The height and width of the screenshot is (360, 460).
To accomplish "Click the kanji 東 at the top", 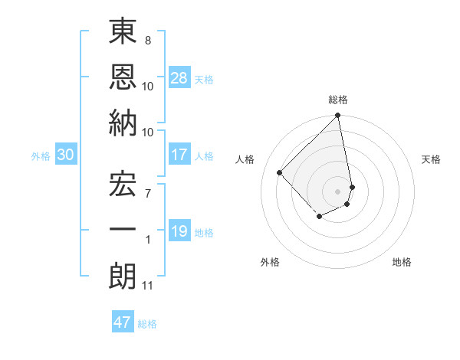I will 123,34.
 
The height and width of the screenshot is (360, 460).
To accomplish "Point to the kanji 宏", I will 123,184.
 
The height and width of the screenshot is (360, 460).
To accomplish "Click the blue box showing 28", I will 179,77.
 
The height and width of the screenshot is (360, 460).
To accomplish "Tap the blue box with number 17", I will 179,155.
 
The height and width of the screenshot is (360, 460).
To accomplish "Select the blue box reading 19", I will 179,231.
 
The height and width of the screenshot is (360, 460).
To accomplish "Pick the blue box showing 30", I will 66,155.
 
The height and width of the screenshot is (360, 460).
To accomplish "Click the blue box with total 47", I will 122,322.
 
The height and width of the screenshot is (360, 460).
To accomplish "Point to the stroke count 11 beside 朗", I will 147,286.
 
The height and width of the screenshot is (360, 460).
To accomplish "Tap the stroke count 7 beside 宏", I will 147,192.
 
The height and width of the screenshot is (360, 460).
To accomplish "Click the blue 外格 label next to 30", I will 41,155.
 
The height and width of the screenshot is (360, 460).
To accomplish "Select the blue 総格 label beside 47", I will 147,323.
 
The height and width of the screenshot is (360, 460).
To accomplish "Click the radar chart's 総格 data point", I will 337,116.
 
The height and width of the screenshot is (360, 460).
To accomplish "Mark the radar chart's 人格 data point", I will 280,172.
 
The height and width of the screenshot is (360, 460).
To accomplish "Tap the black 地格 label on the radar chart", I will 402,263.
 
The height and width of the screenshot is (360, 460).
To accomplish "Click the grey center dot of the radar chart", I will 337,191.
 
